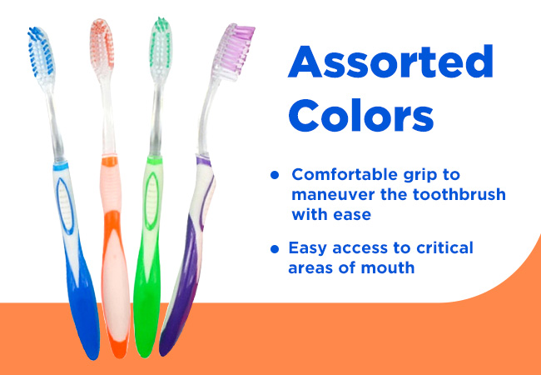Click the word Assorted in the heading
pyautogui.click(x=390, y=62)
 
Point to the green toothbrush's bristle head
pyautogui.click(x=161, y=43)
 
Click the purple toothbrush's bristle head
pyautogui.click(x=233, y=50)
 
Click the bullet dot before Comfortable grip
pyautogui.click(x=275, y=175)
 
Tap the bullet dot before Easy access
pyautogui.click(x=275, y=249)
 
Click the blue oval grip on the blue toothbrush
pyautogui.click(x=66, y=206)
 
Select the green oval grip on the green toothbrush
pyautogui.click(x=151, y=201)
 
